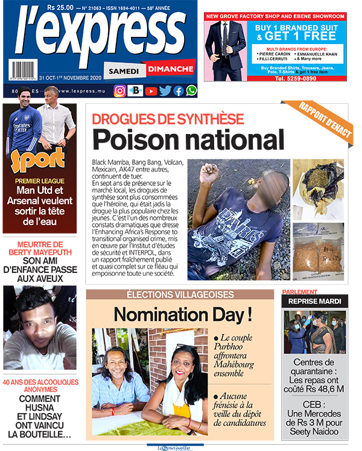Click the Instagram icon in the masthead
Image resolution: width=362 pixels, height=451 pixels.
[120, 91]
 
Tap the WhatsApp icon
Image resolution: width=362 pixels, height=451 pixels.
[191, 91]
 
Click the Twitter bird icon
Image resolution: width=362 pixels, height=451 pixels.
[165, 91]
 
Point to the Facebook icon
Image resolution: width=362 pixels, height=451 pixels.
[178, 91]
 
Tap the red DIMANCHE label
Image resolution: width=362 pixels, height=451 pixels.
[170, 69]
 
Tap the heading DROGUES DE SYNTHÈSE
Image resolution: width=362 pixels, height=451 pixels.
[168, 119]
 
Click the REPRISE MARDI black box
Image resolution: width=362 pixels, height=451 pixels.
[315, 300]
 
